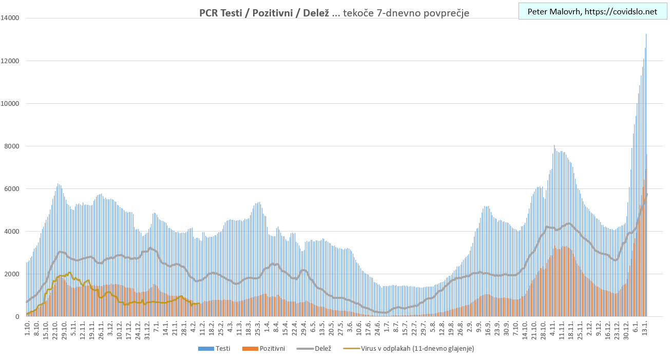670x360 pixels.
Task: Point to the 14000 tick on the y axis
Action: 10,18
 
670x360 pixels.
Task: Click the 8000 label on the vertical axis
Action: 12,146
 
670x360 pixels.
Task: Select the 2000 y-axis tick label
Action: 12,274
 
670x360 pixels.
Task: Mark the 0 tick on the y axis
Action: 17,316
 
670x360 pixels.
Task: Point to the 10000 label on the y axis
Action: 10,103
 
